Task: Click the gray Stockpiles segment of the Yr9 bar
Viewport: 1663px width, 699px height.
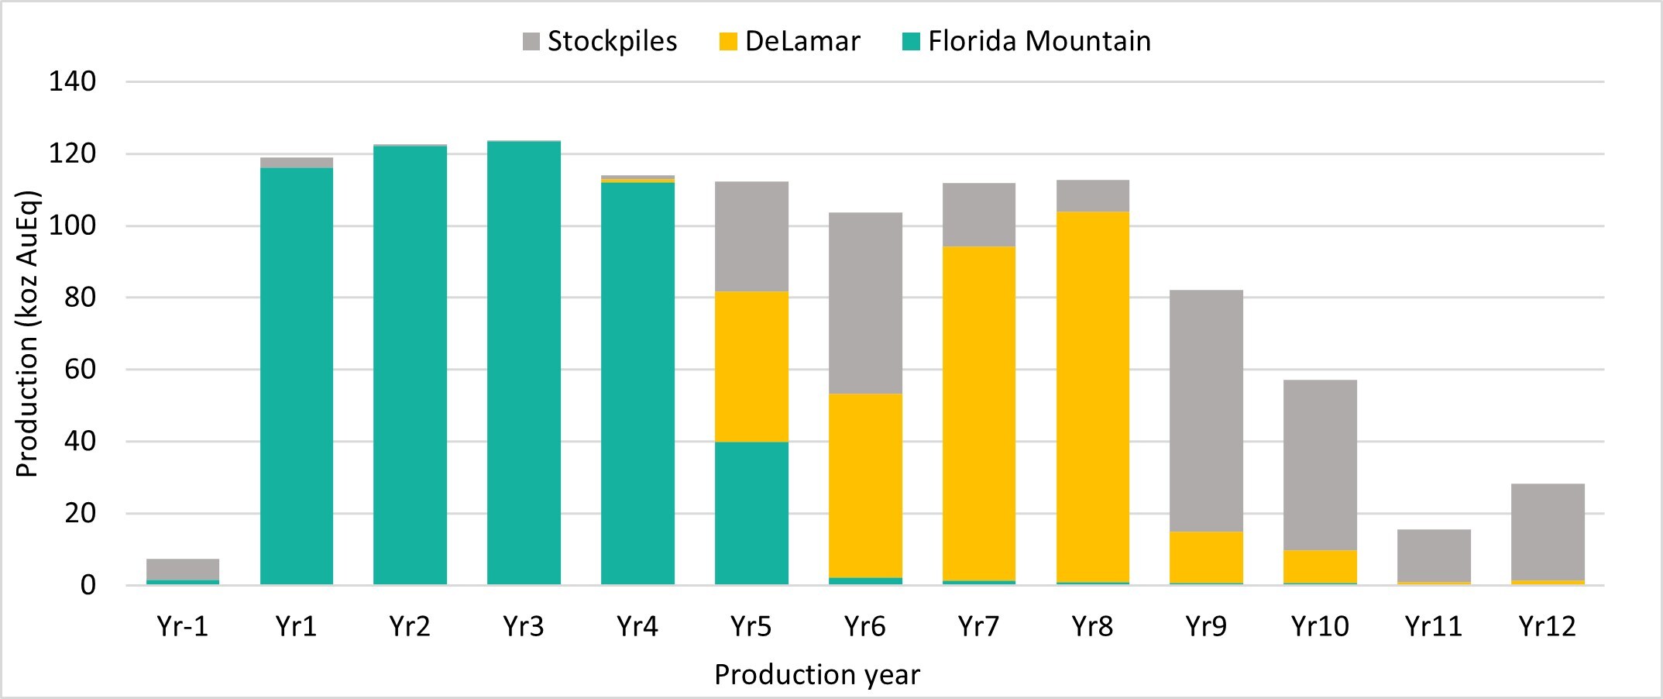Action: coord(1206,411)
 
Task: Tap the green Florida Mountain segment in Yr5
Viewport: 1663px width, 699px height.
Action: coord(751,513)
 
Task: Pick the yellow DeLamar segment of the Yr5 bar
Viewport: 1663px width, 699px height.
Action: coord(751,367)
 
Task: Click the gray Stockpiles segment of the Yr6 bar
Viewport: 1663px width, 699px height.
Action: coord(865,303)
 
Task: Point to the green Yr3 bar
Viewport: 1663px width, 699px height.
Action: coord(524,363)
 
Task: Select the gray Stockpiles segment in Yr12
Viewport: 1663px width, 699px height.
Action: coord(1548,532)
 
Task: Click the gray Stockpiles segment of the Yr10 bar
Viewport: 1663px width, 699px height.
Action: coord(1320,465)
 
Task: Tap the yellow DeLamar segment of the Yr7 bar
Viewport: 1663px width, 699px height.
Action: coord(978,413)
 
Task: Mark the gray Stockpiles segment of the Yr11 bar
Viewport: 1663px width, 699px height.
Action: coord(1434,556)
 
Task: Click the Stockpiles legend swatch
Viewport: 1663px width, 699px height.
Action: coord(531,42)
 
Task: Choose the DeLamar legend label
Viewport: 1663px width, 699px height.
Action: coord(802,42)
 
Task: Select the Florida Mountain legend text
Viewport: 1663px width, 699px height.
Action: coord(1039,42)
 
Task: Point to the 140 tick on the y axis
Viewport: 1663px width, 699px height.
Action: coord(72,81)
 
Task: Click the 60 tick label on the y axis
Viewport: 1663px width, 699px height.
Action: coord(80,370)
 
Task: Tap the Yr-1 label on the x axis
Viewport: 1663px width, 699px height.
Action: coord(183,626)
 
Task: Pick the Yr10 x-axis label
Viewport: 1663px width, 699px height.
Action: coord(1320,626)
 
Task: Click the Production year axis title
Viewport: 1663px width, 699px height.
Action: coord(817,675)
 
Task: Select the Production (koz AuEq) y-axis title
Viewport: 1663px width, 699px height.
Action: coord(27,333)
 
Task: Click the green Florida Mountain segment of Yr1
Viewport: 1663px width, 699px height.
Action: coord(297,376)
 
